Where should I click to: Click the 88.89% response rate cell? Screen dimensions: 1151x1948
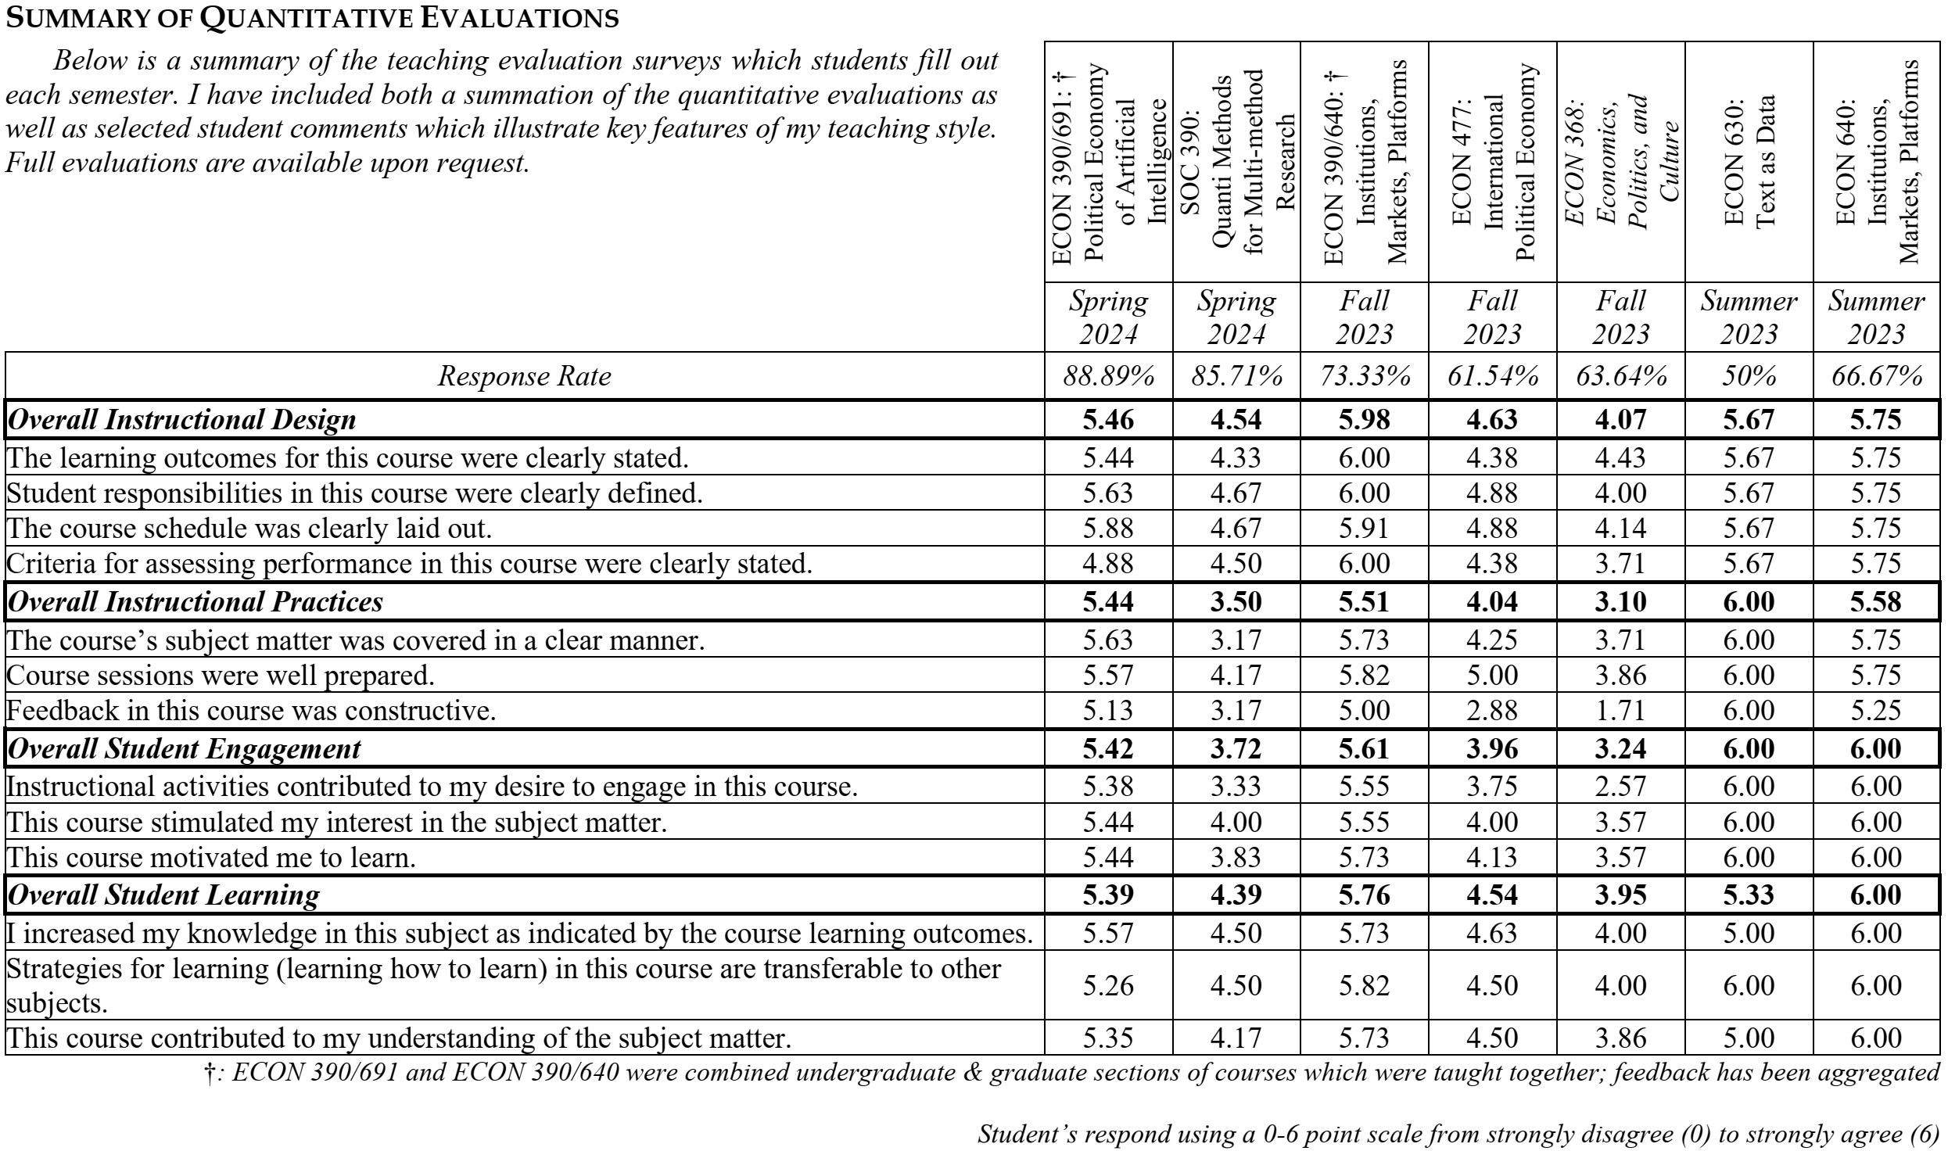pos(1108,377)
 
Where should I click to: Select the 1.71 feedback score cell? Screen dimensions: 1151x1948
pos(1620,711)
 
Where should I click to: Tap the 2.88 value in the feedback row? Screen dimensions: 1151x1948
pos(1492,711)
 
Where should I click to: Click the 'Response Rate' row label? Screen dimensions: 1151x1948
pos(524,377)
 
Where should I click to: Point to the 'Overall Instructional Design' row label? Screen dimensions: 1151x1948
pos(181,420)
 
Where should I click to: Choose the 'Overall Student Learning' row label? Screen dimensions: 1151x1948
pos(163,895)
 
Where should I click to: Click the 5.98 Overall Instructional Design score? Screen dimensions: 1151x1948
pos(1365,420)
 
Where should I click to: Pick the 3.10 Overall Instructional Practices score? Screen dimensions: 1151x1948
pos(1620,601)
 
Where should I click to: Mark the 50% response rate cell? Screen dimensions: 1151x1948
pos(1749,377)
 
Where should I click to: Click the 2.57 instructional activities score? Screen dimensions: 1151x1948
pos(1620,786)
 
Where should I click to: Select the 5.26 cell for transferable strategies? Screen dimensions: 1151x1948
pos(1108,985)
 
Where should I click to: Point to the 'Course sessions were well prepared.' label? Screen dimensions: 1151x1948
pos(221,675)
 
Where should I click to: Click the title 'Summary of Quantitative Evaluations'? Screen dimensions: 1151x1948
pos(312,18)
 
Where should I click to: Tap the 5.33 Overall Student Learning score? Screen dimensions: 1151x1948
pos(1749,895)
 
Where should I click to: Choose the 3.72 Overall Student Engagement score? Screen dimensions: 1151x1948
pos(1236,749)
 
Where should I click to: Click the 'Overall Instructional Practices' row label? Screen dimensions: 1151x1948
pos(196,601)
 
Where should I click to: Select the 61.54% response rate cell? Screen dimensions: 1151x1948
pos(1492,377)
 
